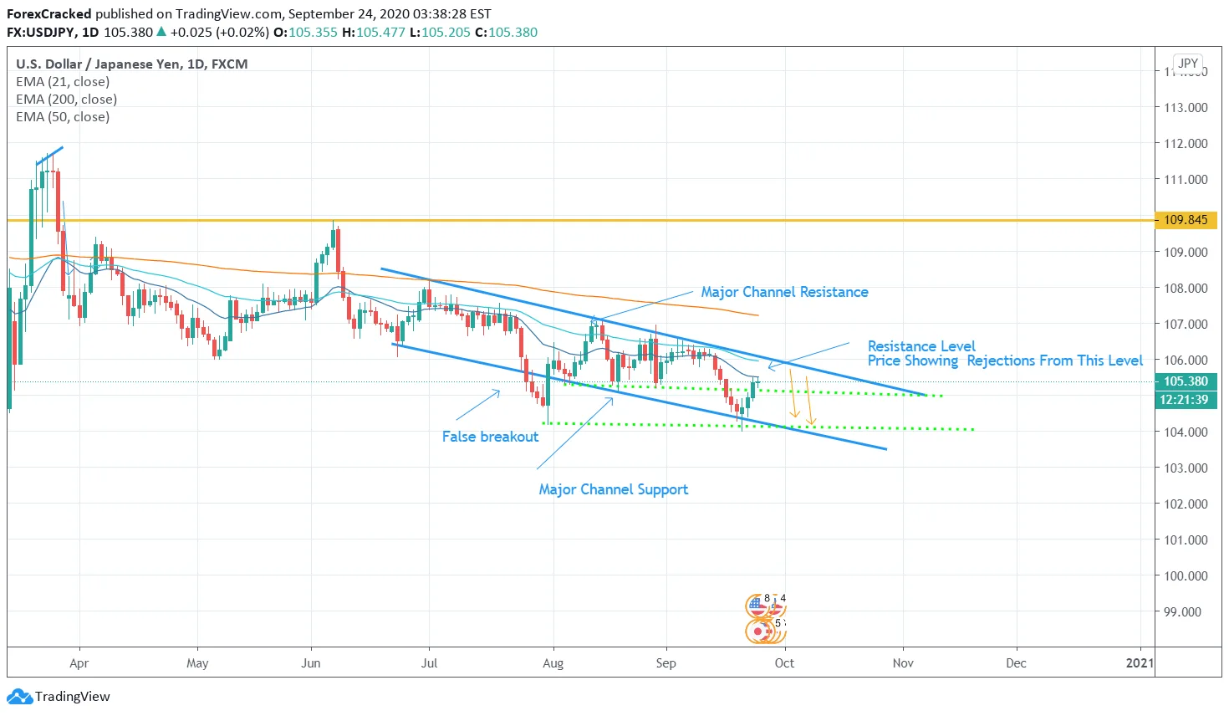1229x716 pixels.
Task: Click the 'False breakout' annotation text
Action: click(x=490, y=437)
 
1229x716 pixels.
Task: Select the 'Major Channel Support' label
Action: click(x=613, y=489)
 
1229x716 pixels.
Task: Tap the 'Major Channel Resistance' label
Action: click(x=784, y=292)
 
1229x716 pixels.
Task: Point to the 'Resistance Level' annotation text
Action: click(x=921, y=346)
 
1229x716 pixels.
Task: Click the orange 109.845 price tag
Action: click(x=1186, y=220)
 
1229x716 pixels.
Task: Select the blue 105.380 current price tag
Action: click(x=1186, y=381)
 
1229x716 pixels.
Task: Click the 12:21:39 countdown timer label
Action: click(x=1184, y=400)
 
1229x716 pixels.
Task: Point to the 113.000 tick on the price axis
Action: click(x=1186, y=107)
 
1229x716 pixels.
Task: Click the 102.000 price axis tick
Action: click(x=1186, y=504)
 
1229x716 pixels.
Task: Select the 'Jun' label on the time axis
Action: click(x=311, y=663)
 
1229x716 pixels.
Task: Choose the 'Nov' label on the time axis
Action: click(x=903, y=663)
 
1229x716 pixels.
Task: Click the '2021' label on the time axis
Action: click(x=1140, y=663)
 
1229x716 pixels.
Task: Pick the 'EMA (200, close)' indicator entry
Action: click(x=66, y=100)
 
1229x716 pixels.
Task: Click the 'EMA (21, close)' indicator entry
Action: click(x=63, y=82)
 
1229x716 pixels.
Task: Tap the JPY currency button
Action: click(x=1188, y=64)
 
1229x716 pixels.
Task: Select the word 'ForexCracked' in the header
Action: click(x=48, y=14)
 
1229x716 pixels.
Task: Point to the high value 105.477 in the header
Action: click(x=380, y=33)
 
